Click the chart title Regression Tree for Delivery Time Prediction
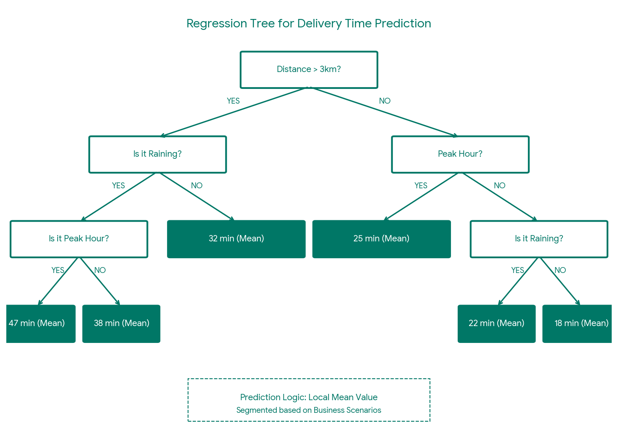pos(308,24)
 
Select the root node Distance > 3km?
pos(308,70)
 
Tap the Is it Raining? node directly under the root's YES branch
pos(157,154)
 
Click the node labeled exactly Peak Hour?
pos(460,154)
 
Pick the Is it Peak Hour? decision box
pos(79,239)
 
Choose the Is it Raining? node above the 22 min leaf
pos(538,239)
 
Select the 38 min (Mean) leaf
pos(121,324)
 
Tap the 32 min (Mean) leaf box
pos(236,239)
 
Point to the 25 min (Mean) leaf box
pos(381,239)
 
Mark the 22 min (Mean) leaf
pos(496,324)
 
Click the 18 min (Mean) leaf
pos(578,324)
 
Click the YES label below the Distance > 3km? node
pos(233,101)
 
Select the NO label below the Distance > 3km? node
pos(385,101)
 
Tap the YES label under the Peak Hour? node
pos(421,186)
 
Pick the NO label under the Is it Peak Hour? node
pos(100,270)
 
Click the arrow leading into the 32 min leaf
pos(197,197)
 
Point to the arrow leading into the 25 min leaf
pos(421,197)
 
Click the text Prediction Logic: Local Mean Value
pos(308,397)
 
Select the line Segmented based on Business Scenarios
pos(308,410)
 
